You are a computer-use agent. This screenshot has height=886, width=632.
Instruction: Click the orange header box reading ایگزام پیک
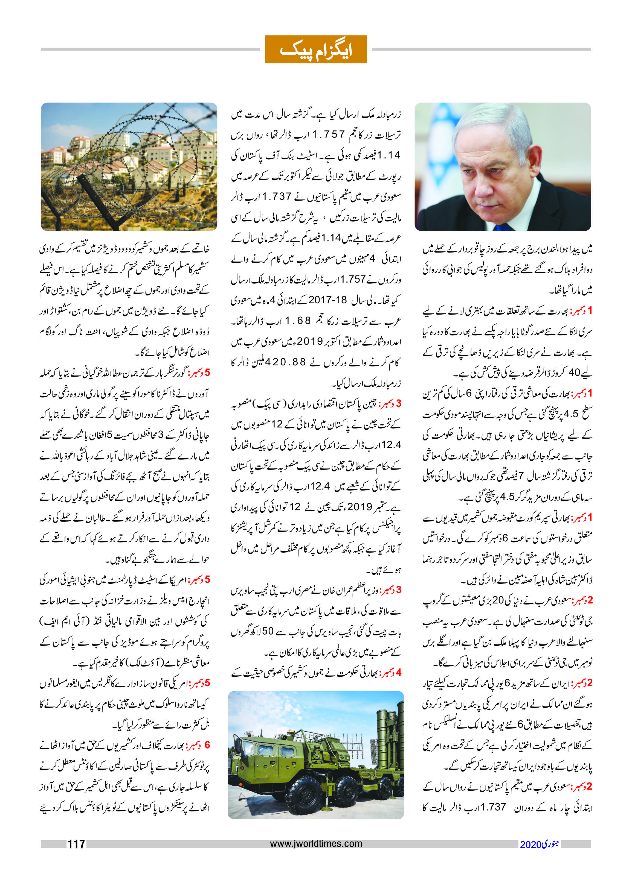click(x=316, y=49)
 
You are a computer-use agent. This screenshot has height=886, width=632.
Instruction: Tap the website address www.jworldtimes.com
click(x=316, y=843)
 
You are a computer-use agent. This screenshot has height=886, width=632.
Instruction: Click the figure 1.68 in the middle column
click(x=298, y=321)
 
